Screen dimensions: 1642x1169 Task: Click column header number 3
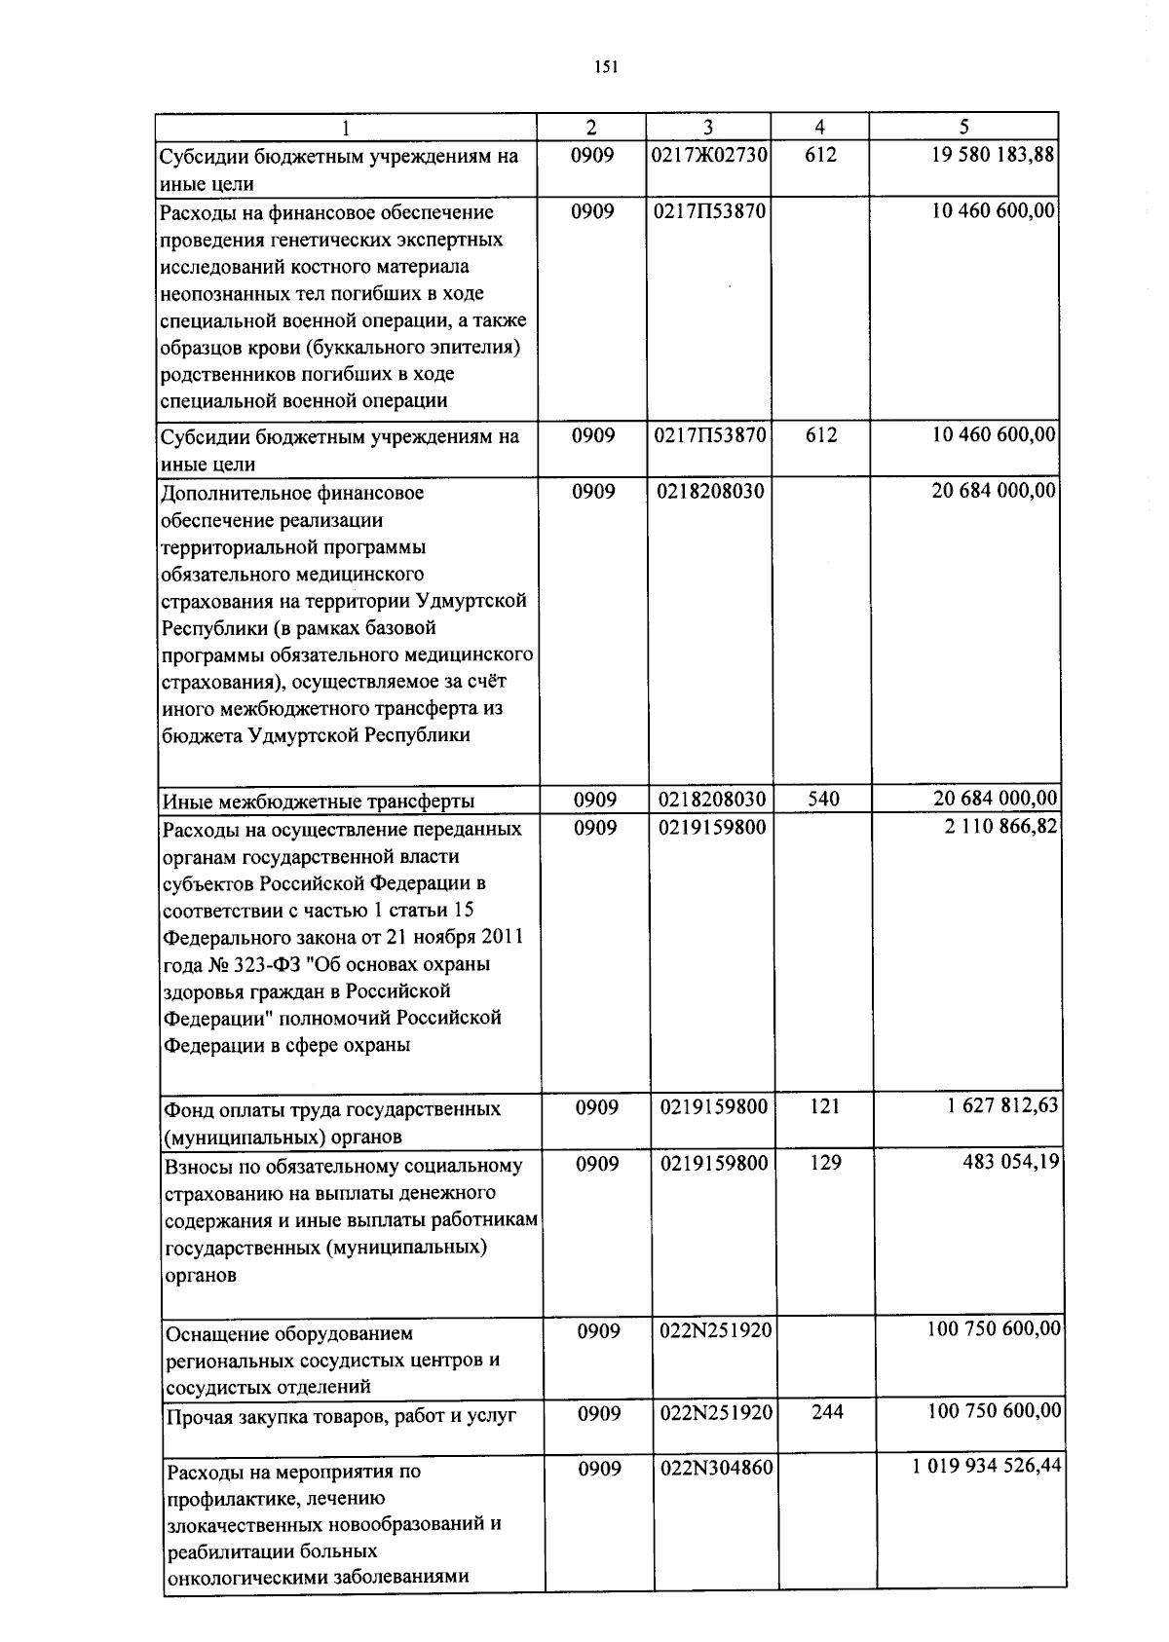pos(708,128)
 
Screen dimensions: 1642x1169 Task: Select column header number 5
pos(963,128)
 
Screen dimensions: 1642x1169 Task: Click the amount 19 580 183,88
pos(994,155)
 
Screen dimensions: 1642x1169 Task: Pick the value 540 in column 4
pos(823,801)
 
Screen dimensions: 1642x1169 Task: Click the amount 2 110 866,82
pos(1000,827)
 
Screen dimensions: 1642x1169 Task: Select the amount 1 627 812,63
pos(1000,1106)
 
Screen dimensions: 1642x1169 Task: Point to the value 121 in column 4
pos(825,1106)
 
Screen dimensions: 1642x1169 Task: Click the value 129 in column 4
pos(825,1163)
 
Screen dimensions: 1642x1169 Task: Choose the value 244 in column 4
pos(827,1412)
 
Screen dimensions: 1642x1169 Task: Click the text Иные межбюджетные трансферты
pos(318,802)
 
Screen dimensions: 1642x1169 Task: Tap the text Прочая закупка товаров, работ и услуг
pos(340,1416)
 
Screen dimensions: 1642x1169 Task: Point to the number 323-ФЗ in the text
pos(258,964)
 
